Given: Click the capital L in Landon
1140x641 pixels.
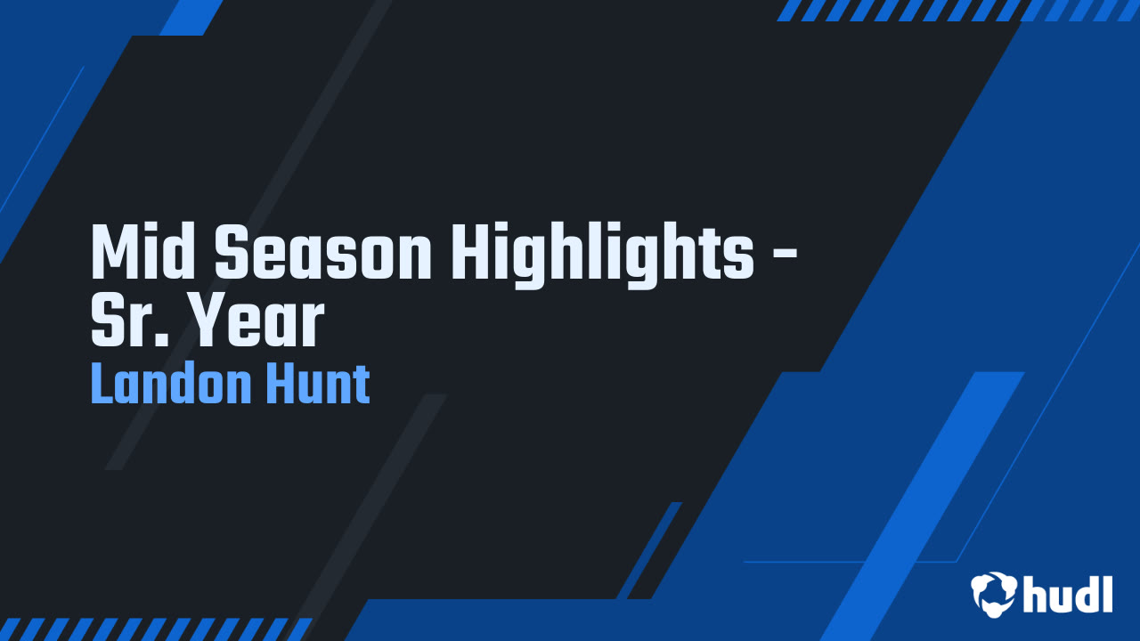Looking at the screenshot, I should (100, 385).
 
